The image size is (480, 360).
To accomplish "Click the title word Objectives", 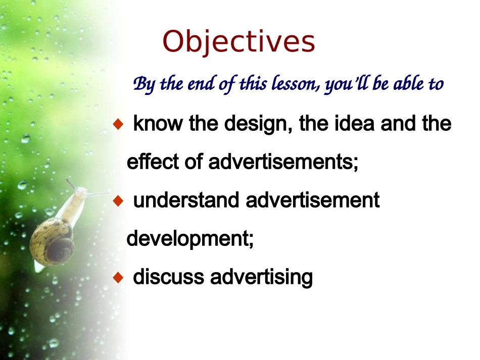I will pyautogui.click(x=239, y=42).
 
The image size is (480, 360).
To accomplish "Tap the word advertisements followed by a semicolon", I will pyautogui.click(x=283, y=162).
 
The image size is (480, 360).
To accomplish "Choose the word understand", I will pyautogui.click(x=186, y=200).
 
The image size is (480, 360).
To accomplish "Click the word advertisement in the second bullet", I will pyautogui.click(x=312, y=200).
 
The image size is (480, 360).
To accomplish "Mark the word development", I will pyautogui.click(x=189, y=239).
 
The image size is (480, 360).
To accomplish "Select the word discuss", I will pyautogui.click(x=168, y=277).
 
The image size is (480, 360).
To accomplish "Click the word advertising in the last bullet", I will pyautogui.click(x=261, y=277).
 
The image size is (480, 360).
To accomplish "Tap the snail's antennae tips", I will pyautogui.click(x=70, y=182).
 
